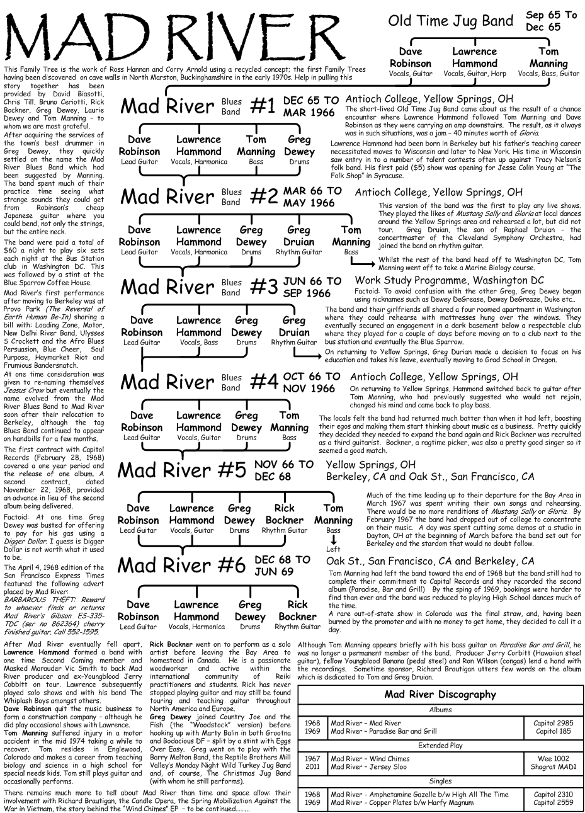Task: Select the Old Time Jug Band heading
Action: (451, 21)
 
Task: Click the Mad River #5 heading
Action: (182, 470)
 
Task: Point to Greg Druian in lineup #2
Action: (299, 236)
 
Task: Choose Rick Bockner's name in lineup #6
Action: (298, 611)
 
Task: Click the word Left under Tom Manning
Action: (333, 549)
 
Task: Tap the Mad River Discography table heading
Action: (440, 695)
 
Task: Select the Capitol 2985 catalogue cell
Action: (553, 724)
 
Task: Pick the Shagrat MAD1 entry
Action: (553, 767)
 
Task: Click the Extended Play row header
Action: (440, 746)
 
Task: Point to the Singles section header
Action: (440, 782)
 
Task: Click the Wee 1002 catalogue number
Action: (553, 759)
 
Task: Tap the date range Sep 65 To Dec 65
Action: (550, 21)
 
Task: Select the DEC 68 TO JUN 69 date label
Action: (282, 566)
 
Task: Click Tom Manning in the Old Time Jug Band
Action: (548, 58)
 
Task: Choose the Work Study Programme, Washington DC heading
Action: (449, 280)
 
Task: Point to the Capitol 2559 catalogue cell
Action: (553, 803)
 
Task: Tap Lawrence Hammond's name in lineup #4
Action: (198, 421)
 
